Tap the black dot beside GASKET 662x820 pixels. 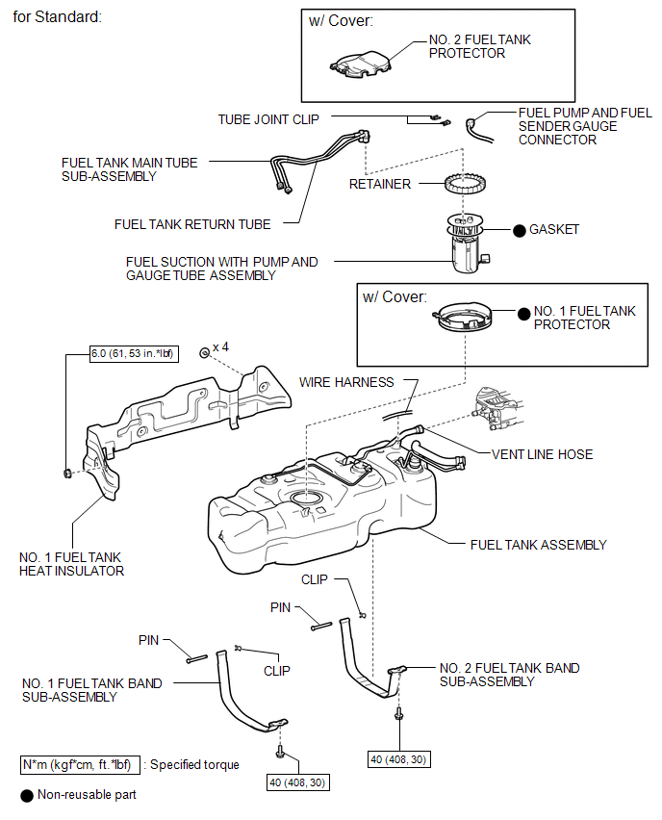point(519,230)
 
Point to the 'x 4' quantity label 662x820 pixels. point(220,346)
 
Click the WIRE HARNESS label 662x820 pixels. point(346,382)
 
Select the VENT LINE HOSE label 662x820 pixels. point(542,454)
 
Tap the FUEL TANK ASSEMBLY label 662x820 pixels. point(538,545)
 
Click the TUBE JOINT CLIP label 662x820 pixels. point(268,119)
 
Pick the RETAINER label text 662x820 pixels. point(380,184)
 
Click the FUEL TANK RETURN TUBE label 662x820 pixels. point(192,224)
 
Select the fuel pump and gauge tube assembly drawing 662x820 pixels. point(466,243)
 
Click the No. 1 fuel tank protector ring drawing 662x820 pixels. point(467,319)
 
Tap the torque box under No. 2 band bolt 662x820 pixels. point(398,759)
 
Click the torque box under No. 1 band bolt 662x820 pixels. point(299,782)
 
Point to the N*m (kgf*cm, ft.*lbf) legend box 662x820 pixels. point(81,765)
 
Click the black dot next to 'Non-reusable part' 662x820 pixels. point(26,796)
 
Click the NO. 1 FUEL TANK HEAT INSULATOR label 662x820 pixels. point(72,564)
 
